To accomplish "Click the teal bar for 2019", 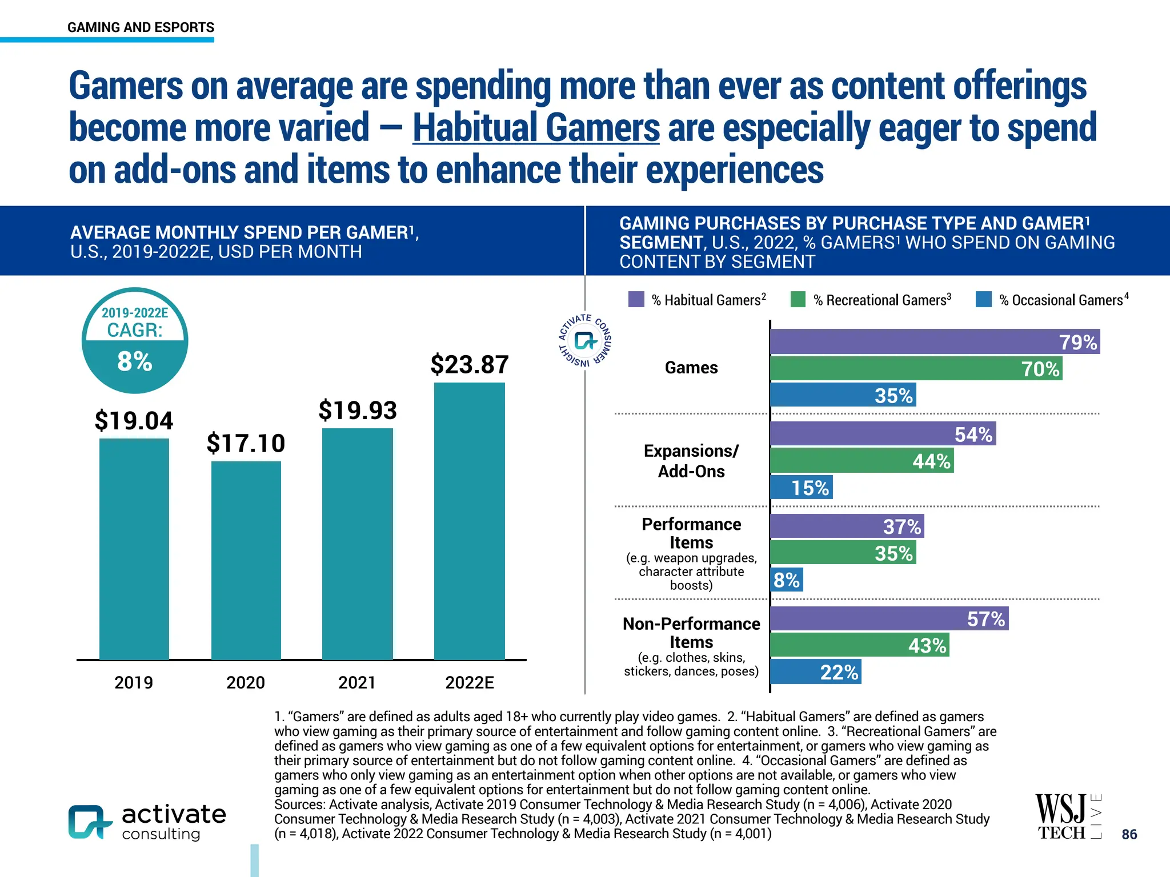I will [134, 548].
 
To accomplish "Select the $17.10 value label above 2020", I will [246, 444].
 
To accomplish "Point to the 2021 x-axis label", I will [357, 682].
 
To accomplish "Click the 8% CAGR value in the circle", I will [135, 361].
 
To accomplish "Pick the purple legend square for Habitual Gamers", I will [636, 299].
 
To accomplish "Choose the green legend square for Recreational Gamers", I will [798, 299].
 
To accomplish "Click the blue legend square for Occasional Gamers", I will [984, 299].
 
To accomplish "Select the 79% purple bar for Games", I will [935, 341].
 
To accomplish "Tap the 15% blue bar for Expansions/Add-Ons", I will [801, 487].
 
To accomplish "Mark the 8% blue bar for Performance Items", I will [787, 580].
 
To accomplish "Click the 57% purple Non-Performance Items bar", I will [889, 618].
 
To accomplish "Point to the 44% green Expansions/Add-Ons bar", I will [862, 461].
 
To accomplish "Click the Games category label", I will [691, 368].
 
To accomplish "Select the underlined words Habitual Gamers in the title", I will [536, 127].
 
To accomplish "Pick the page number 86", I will [1129, 834].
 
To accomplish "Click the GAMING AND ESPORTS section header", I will [141, 27].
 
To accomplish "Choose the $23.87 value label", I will [470, 365].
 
